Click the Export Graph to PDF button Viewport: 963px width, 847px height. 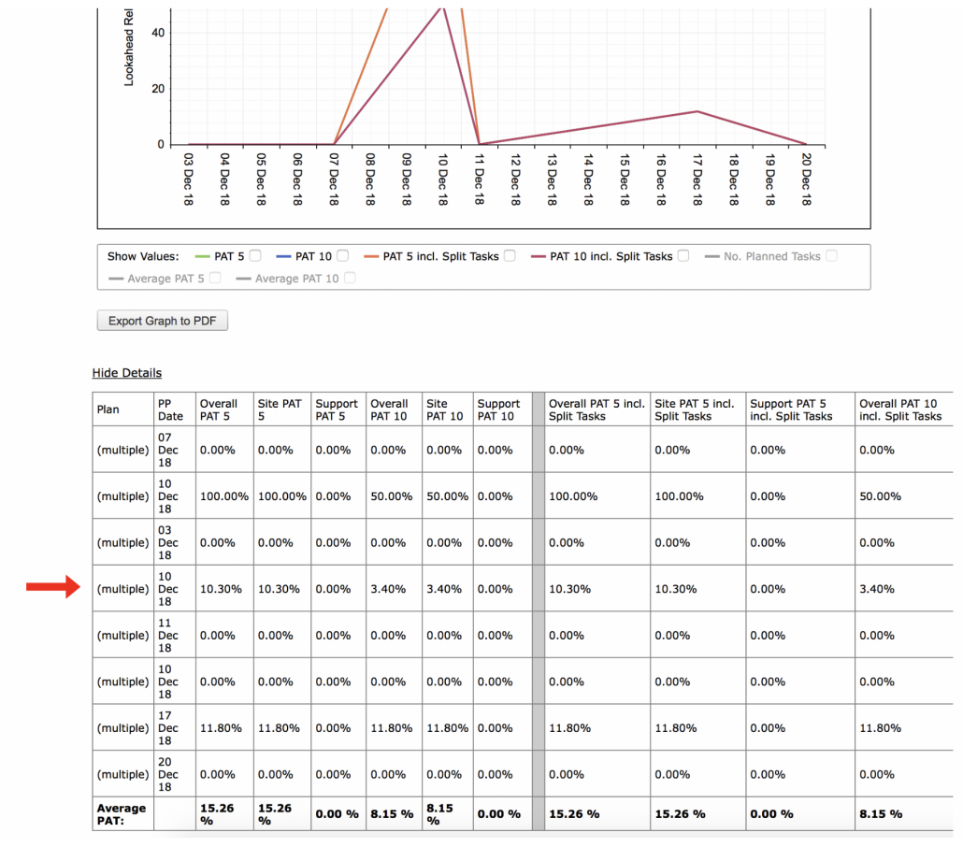162,321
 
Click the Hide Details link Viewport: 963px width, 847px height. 126,373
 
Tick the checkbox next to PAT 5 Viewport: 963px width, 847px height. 255,255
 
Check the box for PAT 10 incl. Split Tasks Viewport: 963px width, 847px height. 683,255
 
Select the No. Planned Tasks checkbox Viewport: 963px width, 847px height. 831,255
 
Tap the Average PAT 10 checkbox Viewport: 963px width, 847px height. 350,278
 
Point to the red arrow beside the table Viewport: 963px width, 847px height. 52,586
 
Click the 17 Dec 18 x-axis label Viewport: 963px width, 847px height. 697,179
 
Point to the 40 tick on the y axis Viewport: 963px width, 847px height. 158,33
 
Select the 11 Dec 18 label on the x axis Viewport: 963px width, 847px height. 479,179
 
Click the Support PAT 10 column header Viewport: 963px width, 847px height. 498,409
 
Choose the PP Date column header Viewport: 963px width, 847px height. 170,409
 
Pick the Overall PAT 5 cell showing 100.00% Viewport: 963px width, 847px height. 224,496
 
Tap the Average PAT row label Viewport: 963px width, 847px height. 122,814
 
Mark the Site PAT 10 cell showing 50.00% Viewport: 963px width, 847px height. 447,496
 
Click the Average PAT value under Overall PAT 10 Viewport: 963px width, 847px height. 392,814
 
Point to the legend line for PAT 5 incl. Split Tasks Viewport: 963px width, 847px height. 371,257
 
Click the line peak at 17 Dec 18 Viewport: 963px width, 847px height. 697,111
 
